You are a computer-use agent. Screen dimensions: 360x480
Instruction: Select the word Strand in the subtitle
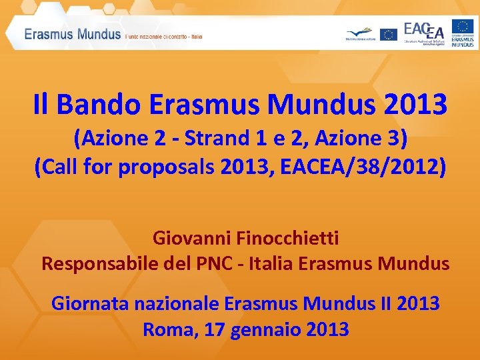[x=215, y=139]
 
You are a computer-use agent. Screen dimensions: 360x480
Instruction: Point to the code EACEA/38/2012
[x=377, y=167]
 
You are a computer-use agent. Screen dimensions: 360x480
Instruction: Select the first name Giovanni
[x=189, y=237]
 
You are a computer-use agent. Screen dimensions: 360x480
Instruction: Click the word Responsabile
[x=98, y=263]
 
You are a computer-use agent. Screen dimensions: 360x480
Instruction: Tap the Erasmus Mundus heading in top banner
[x=73, y=34]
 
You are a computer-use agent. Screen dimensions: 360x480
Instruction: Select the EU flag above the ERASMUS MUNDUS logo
[x=463, y=26]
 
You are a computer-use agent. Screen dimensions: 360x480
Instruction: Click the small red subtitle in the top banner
[x=163, y=37]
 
